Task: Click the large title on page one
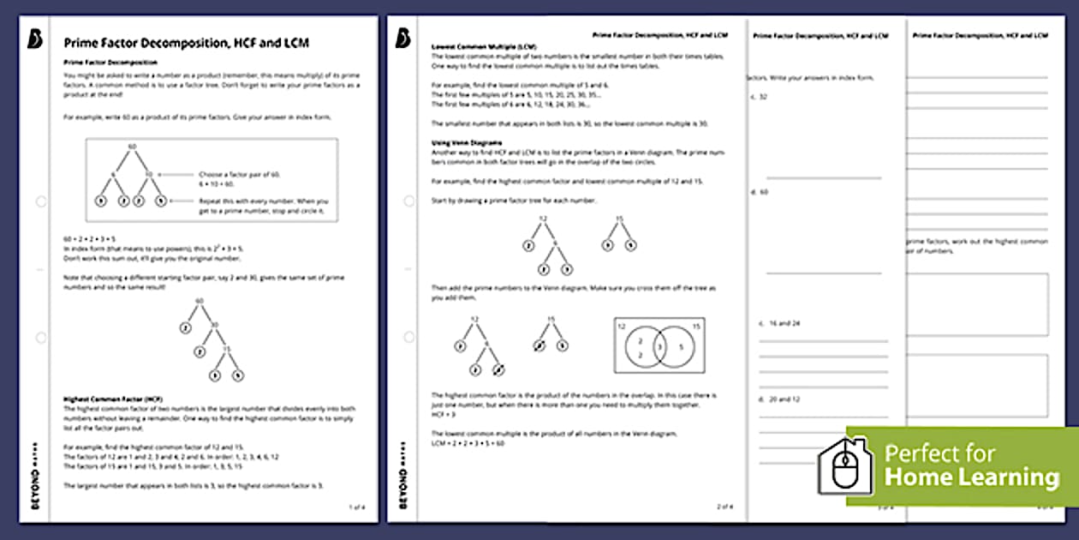(x=187, y=42)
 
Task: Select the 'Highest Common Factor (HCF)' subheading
(x=113, y=399)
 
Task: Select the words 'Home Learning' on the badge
(x=971, y=477)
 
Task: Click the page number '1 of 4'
(x=356, y=507)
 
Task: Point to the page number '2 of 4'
(x=726, y=507)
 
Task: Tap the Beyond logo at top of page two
(x=402, y=38)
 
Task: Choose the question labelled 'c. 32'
(x=759, y=97)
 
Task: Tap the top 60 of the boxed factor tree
(x=132, y=147)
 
